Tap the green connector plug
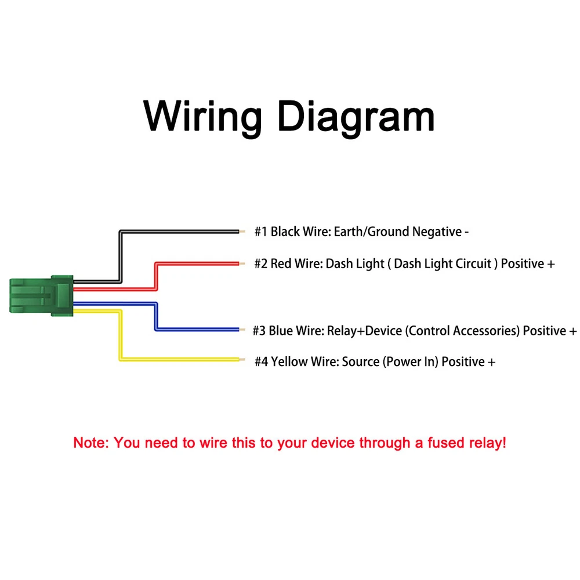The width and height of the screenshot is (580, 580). click(41, 295)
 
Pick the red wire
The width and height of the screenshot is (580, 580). click(197, 264)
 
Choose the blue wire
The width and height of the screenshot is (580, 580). click(197, 330)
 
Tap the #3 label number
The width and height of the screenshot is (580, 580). click(259, 331)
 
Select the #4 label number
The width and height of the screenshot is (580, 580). click(262, 362)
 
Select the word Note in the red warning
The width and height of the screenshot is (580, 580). click(91, 444)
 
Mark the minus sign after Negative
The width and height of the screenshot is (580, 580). click(466, 233)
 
